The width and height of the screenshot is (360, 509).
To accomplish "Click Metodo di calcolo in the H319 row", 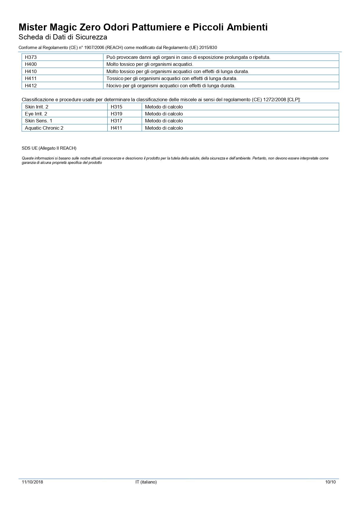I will pyautogui.click(x=164, y=114).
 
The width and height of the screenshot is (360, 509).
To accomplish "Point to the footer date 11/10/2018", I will pyautogui.click(x=32, y=482).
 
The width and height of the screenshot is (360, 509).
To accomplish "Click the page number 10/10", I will pyautogui.click(x=330, y=482).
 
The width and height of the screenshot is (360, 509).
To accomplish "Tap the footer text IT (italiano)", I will pyautogui.click(x=146, y=482).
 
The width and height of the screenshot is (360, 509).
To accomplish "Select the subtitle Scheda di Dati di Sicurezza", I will pyautogui.click(x=63, y=37).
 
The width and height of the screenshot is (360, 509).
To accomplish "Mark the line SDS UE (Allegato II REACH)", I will pyautogui.click(x=49, y=148).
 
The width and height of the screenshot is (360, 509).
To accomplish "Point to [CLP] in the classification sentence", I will pyautogui.click(x=294, y=99).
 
